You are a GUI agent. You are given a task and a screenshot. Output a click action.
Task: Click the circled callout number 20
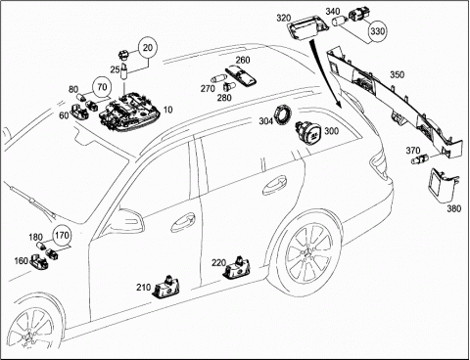point(148,48)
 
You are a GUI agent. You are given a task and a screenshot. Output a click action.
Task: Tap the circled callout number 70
point(102,87)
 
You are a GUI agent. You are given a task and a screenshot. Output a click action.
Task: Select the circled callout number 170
point(62,236)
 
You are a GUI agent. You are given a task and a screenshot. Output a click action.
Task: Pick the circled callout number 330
point(378,31)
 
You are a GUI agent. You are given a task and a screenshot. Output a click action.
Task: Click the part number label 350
point(398,75)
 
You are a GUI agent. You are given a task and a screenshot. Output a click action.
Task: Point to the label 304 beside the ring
point(266,121)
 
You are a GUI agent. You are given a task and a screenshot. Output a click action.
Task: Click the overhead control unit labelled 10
point(130,112)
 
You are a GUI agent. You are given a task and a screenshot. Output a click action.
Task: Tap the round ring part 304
point(283,113)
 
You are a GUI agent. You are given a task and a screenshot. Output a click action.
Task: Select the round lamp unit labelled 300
point(308,132)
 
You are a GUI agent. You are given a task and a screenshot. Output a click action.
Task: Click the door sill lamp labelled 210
point(166,288)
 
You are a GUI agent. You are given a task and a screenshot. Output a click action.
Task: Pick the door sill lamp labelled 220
point(237,268)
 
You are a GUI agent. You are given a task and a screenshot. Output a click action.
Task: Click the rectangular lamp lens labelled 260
point(241,74)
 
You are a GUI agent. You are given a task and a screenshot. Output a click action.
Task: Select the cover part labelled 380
point(444,185)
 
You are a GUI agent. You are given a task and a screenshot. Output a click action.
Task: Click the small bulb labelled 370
point(418,159)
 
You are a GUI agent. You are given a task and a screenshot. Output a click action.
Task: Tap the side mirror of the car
point(129,220)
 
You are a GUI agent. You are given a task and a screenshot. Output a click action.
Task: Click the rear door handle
point(275,185)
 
